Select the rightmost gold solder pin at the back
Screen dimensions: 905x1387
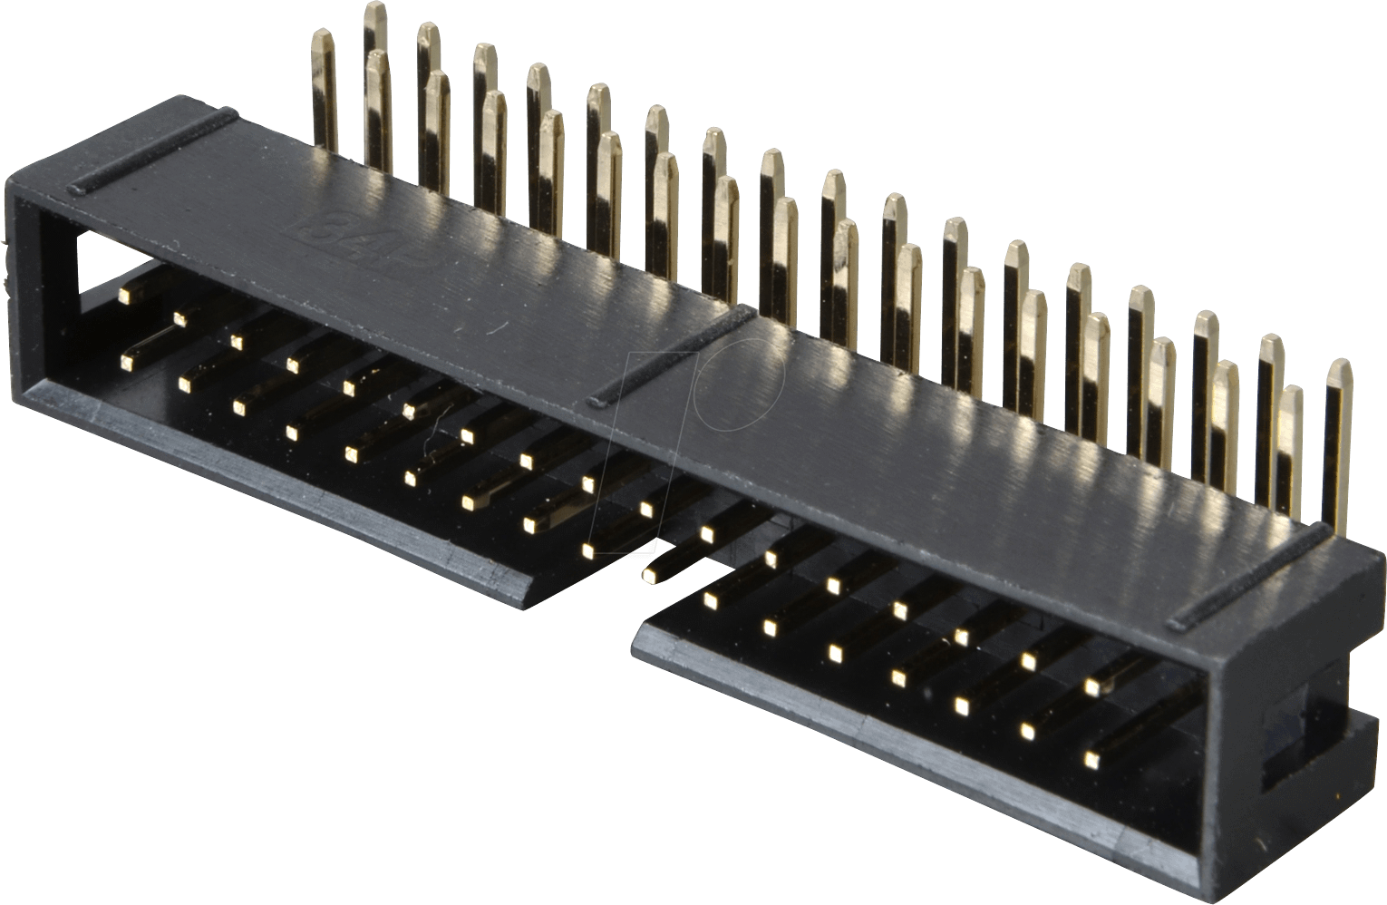(1338, 444)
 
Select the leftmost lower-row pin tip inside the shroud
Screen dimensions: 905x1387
(127, 362)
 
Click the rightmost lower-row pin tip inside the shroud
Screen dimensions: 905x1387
(1091, 756)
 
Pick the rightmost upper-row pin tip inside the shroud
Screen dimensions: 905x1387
(1095, 687)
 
